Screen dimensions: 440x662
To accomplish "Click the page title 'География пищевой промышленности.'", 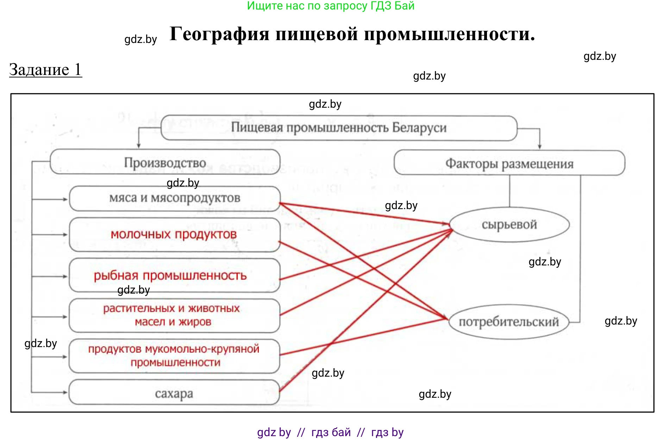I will [x=352, y=34].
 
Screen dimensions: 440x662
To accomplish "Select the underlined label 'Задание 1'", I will [x=45, y=69].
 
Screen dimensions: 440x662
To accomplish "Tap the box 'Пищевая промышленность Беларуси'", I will [x=339, y=128].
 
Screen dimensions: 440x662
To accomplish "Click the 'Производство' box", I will [x=165, y=162].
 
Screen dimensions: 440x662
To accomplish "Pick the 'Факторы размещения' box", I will [x=509, y=163].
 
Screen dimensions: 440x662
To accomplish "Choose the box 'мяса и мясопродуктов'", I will [x=175, y=198].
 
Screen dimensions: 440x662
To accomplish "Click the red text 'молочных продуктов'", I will [x=174, y=234].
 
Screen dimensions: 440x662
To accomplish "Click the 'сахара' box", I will [x=174, y=392].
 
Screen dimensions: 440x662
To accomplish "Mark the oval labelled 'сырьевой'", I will [x=509, y=225].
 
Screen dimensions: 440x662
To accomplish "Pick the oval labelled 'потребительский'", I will [x=509, y=322].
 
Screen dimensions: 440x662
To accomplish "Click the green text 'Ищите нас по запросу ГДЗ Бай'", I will [x=331, y=6].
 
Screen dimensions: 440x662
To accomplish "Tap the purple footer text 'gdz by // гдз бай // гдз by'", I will [x=330, y=432].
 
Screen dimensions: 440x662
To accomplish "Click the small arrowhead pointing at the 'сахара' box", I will [x=65, y=392].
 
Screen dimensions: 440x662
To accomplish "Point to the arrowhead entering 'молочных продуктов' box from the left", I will [x=65, y=234].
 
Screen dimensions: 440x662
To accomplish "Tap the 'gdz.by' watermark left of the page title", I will [x=140, y=39].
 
